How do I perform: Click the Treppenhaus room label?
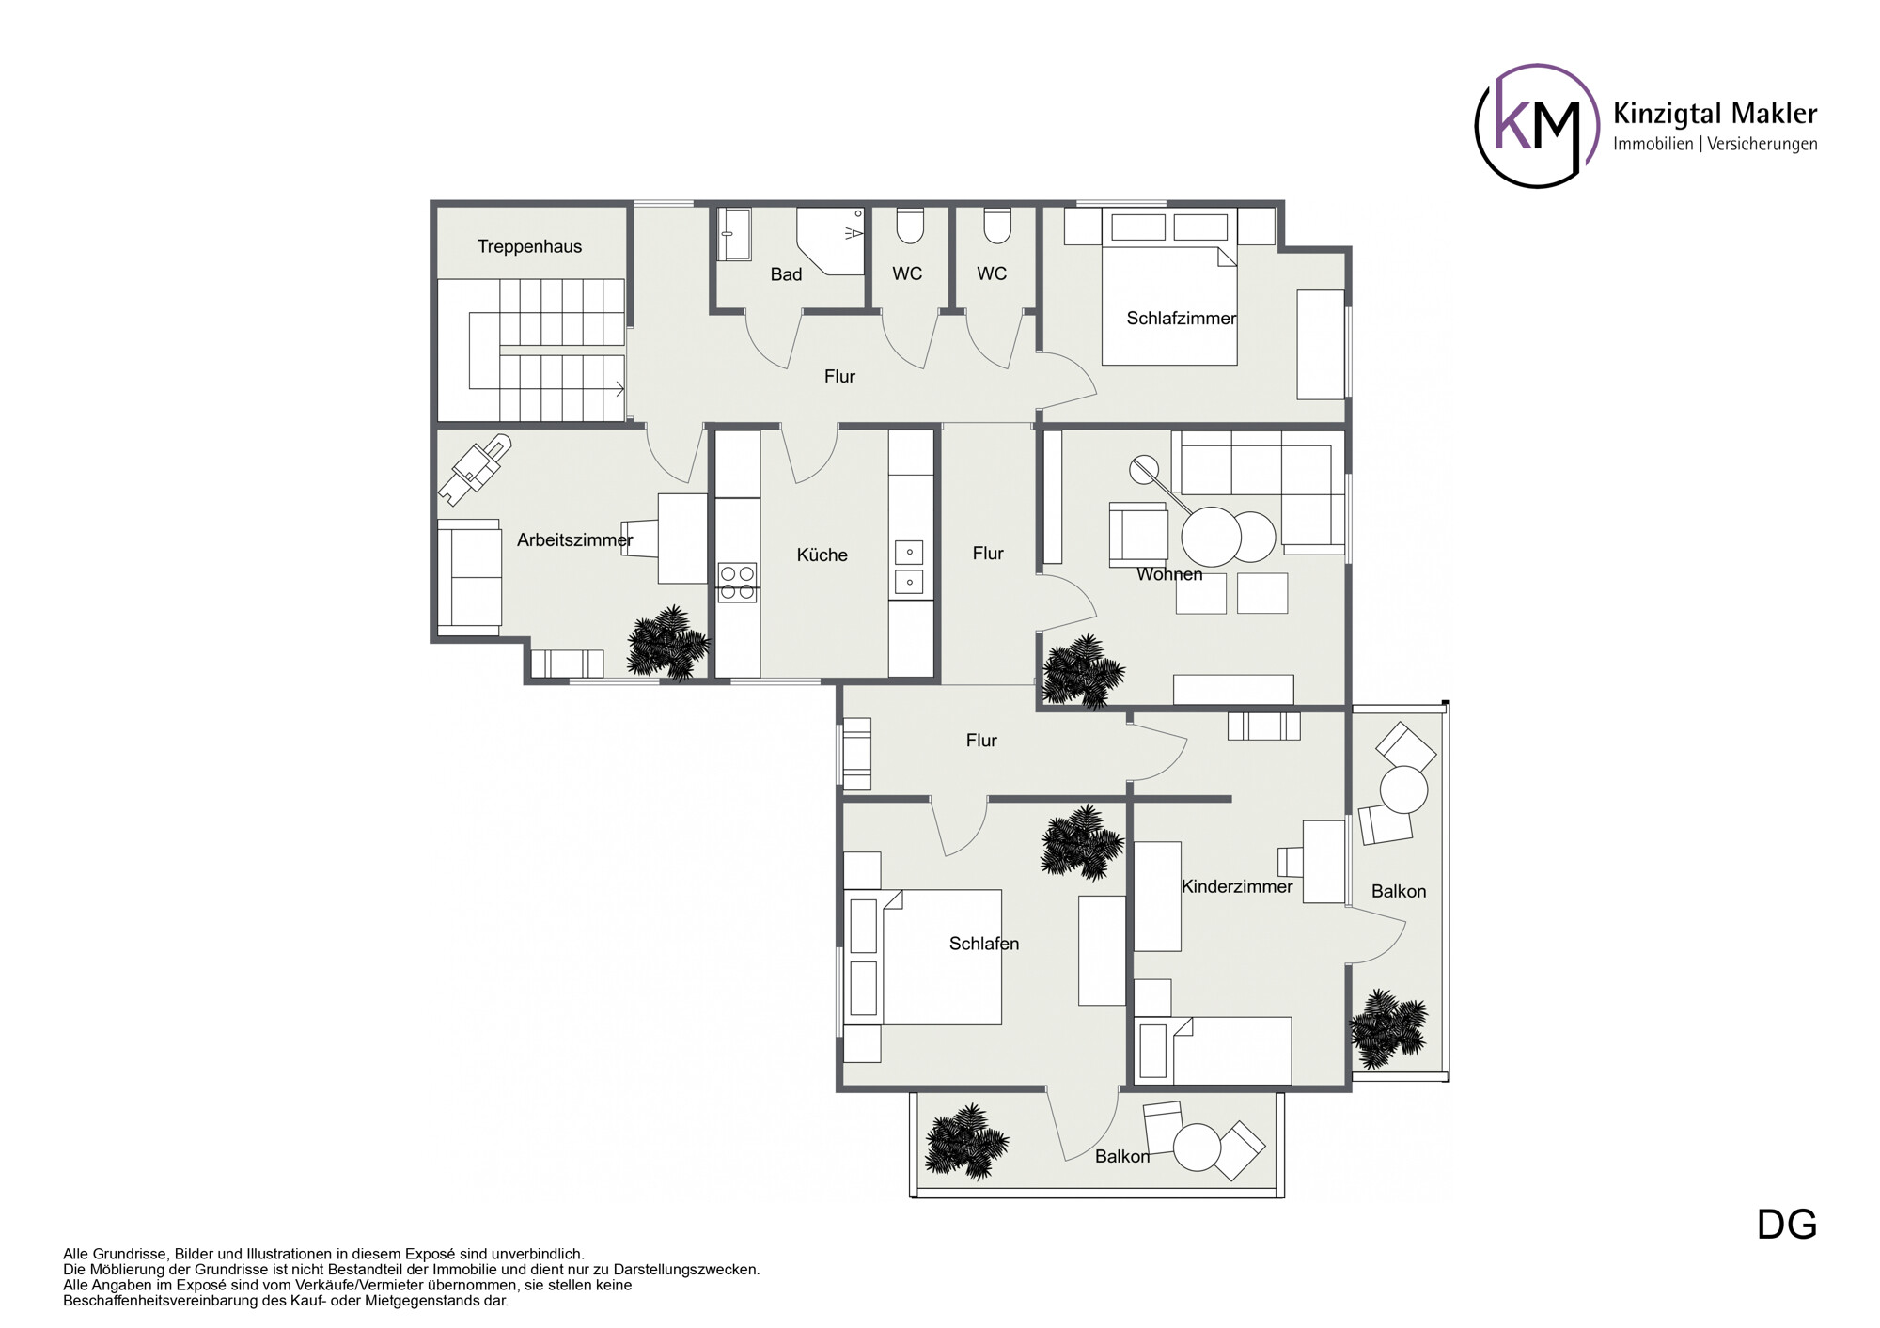click(529, 246)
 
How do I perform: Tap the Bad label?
click(786, 274)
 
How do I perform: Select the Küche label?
click(822, 555)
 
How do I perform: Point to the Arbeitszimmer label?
click(574, 539)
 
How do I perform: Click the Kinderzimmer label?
click(1237, 886)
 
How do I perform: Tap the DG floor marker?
click(1787, 1225)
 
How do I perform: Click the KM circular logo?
click(1537, 125)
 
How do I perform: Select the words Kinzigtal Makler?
click(1715, 114)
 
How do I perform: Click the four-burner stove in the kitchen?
click(737, 582)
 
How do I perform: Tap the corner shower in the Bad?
click(830, 242)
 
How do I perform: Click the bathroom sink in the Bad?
click(734, 234)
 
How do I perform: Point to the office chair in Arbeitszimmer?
click(475, 469)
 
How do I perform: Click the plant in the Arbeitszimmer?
click(667, 643)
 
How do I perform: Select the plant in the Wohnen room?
click(1083, 670)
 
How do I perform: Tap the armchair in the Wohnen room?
click(1138, 535)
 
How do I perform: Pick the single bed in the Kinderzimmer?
click(1213, 1050)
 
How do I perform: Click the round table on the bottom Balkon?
click(1198, 1148)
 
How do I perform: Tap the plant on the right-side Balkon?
click(1389, 1028)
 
